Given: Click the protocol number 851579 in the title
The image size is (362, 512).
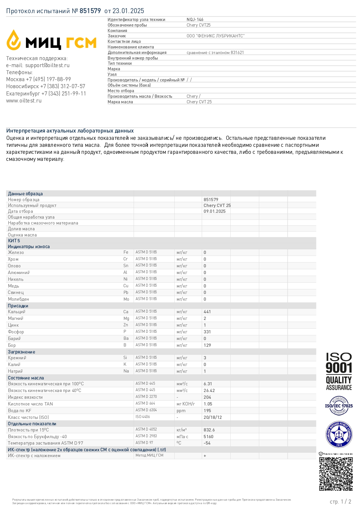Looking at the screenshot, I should (90, 11).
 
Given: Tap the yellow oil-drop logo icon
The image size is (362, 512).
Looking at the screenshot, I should (14, 40).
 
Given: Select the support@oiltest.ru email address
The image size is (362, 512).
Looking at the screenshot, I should (47, 65).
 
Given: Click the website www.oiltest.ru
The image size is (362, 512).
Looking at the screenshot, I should (24, 101).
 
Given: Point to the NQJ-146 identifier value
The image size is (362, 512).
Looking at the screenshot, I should (195, 20).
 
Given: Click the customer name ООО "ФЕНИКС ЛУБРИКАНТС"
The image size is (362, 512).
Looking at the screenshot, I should (216, 36).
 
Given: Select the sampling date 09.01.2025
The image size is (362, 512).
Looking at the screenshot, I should (214, 211).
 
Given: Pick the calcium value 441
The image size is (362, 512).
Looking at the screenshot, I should (207, 312).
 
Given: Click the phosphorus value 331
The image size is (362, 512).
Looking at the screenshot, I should (207, 332).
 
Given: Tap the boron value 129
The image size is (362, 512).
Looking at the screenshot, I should (207, 345).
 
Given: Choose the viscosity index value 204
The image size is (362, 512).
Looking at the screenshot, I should (207, 397).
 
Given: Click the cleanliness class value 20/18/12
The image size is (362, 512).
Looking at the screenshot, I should (213, 417).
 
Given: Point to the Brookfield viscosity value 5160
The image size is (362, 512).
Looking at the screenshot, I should (208, 437).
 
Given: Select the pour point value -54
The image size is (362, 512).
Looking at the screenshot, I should (207, 443).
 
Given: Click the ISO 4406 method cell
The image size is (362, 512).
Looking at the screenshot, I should (143, 417).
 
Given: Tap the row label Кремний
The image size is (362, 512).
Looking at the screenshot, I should (17, 358).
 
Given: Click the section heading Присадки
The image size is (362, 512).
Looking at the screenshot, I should (18, 306).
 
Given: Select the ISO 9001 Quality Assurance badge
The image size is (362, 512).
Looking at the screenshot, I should (339, 371).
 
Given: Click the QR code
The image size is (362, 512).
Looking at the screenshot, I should (336, 474).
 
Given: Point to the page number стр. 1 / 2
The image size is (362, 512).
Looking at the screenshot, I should (340, 501).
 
